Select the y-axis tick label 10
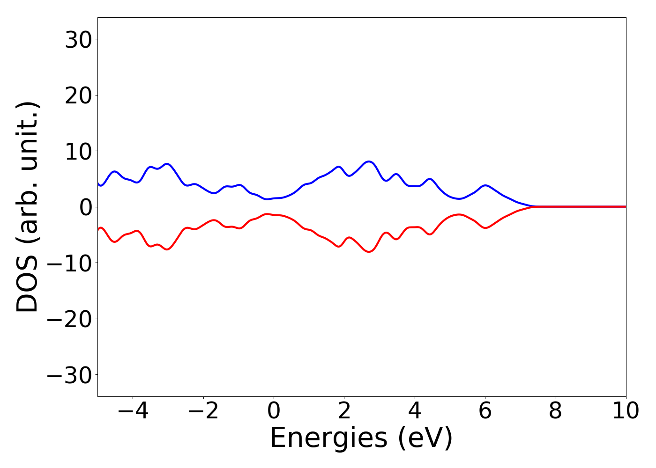78,152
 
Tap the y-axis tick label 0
85,207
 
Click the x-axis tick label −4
133,412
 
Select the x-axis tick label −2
203,412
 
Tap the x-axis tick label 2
344,412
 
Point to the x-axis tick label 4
415,412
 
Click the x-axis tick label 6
485,412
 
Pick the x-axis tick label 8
555,412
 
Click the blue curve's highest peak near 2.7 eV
369,161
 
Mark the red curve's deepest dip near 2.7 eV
369,252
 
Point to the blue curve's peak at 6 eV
485,185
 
